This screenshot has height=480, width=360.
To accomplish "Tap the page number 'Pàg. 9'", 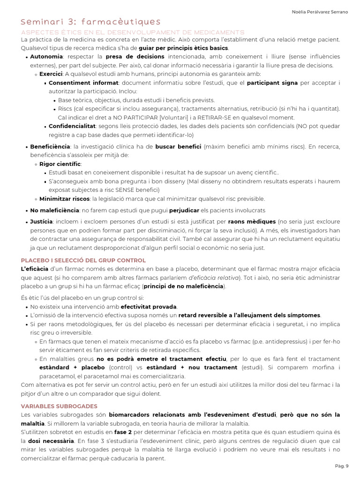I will (342, 466).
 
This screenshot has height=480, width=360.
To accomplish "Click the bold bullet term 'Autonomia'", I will (46, 57).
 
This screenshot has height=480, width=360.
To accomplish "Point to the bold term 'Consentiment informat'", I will (83, 83).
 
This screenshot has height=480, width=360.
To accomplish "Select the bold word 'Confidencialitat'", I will (72, 127).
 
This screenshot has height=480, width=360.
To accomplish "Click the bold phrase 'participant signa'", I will (272, 83).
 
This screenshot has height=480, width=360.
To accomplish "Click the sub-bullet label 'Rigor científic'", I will (60, 164).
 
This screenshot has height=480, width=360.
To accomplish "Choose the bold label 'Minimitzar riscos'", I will (64, 199).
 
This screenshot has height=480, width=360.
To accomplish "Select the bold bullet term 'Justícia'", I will (42, 222).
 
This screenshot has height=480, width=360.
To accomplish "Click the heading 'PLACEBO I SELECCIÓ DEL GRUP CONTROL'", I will (83, 260).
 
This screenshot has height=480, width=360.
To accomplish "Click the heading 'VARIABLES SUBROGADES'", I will (59, 406).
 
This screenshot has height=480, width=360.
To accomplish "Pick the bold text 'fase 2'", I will (123, 432).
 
